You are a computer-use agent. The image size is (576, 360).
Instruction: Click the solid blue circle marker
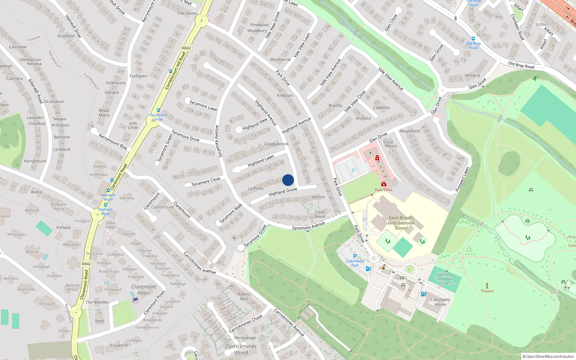click(288, 180)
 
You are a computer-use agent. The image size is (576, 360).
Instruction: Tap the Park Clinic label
click(384, 190)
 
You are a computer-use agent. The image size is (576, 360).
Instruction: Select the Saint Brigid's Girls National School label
click(401, 223)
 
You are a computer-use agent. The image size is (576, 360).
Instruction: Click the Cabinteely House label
click(440, 302)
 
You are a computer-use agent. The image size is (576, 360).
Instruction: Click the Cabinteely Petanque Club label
click(445, 279)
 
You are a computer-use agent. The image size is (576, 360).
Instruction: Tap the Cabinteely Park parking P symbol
click(355, 256)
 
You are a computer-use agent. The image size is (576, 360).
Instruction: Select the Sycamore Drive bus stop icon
click(158, 110)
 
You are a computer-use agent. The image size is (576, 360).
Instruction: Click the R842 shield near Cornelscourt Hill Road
click(186, 48)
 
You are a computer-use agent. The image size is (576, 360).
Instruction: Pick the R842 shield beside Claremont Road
click(86, 264)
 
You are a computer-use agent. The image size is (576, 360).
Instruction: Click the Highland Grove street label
click(283, 192)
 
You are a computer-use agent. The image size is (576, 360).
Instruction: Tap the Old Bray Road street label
click(521, 65)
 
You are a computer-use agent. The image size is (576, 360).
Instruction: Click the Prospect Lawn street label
click(463, 179)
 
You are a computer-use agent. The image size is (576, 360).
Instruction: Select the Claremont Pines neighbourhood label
click(144, 290)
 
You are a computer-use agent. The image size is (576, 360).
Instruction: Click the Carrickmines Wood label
click(241, 349)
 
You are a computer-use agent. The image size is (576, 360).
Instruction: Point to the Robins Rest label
click(244, 296)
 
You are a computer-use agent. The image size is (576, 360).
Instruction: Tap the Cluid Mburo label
click(391, 144)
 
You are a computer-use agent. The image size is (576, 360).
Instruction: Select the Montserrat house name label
click(280, 59)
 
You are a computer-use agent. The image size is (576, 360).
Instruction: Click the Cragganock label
click(276, 144)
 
